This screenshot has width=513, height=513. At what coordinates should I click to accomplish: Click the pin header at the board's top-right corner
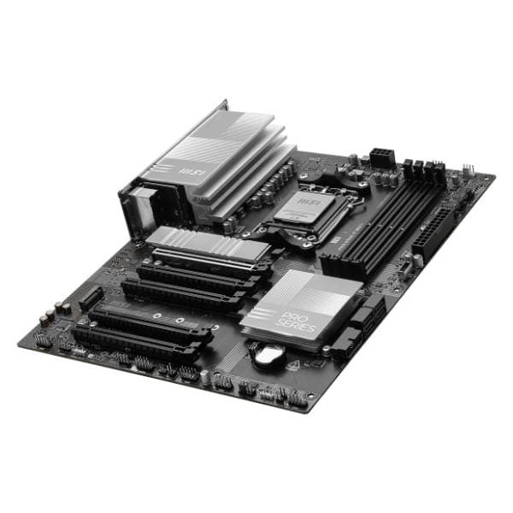468,171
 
